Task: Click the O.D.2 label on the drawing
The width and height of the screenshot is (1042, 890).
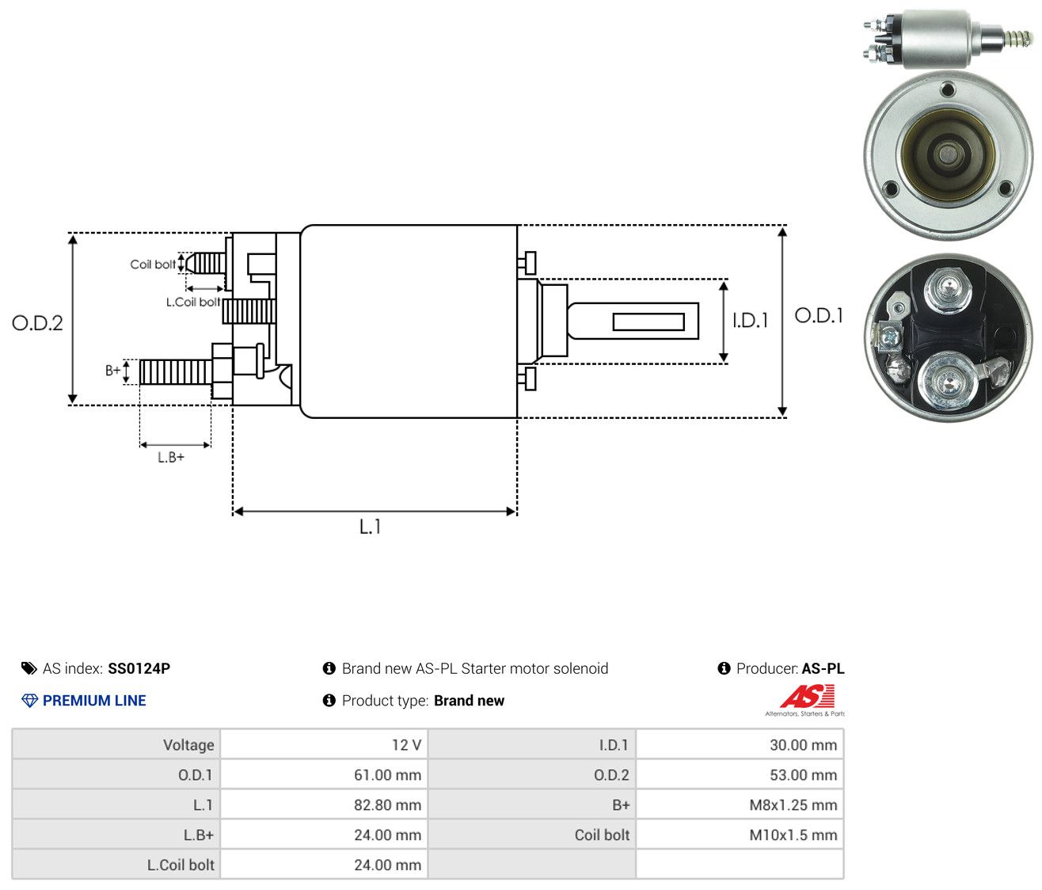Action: [37, 323]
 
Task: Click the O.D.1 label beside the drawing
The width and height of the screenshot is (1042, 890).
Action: [819, 316]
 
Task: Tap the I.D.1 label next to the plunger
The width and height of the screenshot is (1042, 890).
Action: [750, 320]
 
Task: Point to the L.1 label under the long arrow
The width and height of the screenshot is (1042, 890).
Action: [370, 527]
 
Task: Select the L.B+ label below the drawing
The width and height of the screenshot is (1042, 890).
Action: [171, 458]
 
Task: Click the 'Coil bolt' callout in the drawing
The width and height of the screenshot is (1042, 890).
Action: [153, 264]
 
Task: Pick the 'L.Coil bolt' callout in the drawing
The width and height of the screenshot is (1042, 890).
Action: [193, 302]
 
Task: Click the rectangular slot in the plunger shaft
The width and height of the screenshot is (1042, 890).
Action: [648, 321]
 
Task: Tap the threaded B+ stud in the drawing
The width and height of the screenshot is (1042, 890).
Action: [176, 372]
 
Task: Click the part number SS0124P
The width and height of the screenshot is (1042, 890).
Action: [139, 668]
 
